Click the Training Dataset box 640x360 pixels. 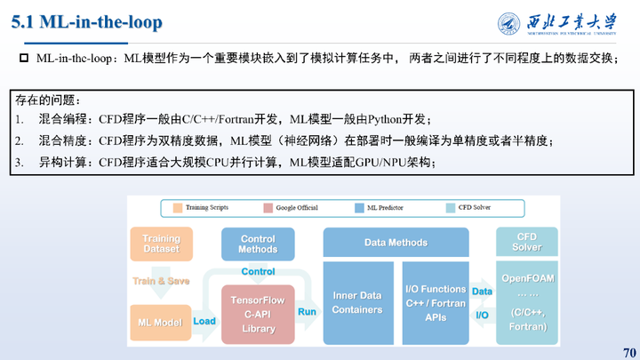pos(161,243)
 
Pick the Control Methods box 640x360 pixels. pos(258,243)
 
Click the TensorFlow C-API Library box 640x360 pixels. pos(258,314)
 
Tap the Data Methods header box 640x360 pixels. pos(396,243)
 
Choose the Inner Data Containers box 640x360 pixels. pos(357,303)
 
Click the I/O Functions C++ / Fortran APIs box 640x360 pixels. pos(435,303)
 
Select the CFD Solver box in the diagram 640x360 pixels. pos(527,243)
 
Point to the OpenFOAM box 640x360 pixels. pos(527,302)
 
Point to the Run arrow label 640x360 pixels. pos(307,312)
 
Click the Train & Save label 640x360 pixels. pos(161,280)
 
